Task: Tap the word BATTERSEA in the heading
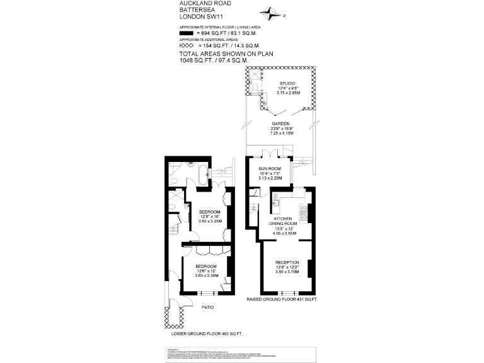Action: [195, 10]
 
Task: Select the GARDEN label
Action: [280, 123]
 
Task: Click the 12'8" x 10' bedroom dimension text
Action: [210, 216]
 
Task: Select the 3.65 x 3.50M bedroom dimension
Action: [205, 275]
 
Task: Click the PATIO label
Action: [207, 308]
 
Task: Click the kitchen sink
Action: [275, 202]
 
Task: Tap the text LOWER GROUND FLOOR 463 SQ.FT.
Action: [207, 333]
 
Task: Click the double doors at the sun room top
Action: [270, 154]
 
